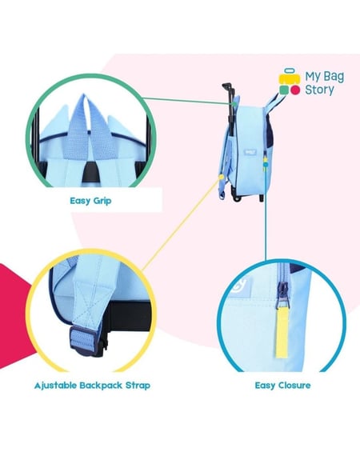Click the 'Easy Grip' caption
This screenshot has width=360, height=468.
click(x=90, y=201)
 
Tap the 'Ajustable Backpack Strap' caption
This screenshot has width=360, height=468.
click(x=92, y=386)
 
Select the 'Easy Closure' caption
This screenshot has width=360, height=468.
click(x=282, y=386)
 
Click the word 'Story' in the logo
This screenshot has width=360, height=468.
click(x=319, y=90)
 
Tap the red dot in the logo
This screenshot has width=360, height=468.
click(x=295, y=90)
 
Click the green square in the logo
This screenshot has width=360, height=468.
click(x=284, y=90)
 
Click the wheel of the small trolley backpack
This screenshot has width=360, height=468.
click(x=238, y=198)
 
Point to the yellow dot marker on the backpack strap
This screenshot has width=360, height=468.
click(x=221, y=177)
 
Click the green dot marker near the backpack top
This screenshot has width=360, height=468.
click(x=234, y=104)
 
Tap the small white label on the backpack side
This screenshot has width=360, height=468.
click(x=248, y=152)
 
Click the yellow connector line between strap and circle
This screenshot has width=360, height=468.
click(x=181, y=224)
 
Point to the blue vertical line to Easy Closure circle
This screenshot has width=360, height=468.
click(x=266, y=213)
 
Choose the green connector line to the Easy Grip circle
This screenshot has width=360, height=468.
click(x=187, y=101)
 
